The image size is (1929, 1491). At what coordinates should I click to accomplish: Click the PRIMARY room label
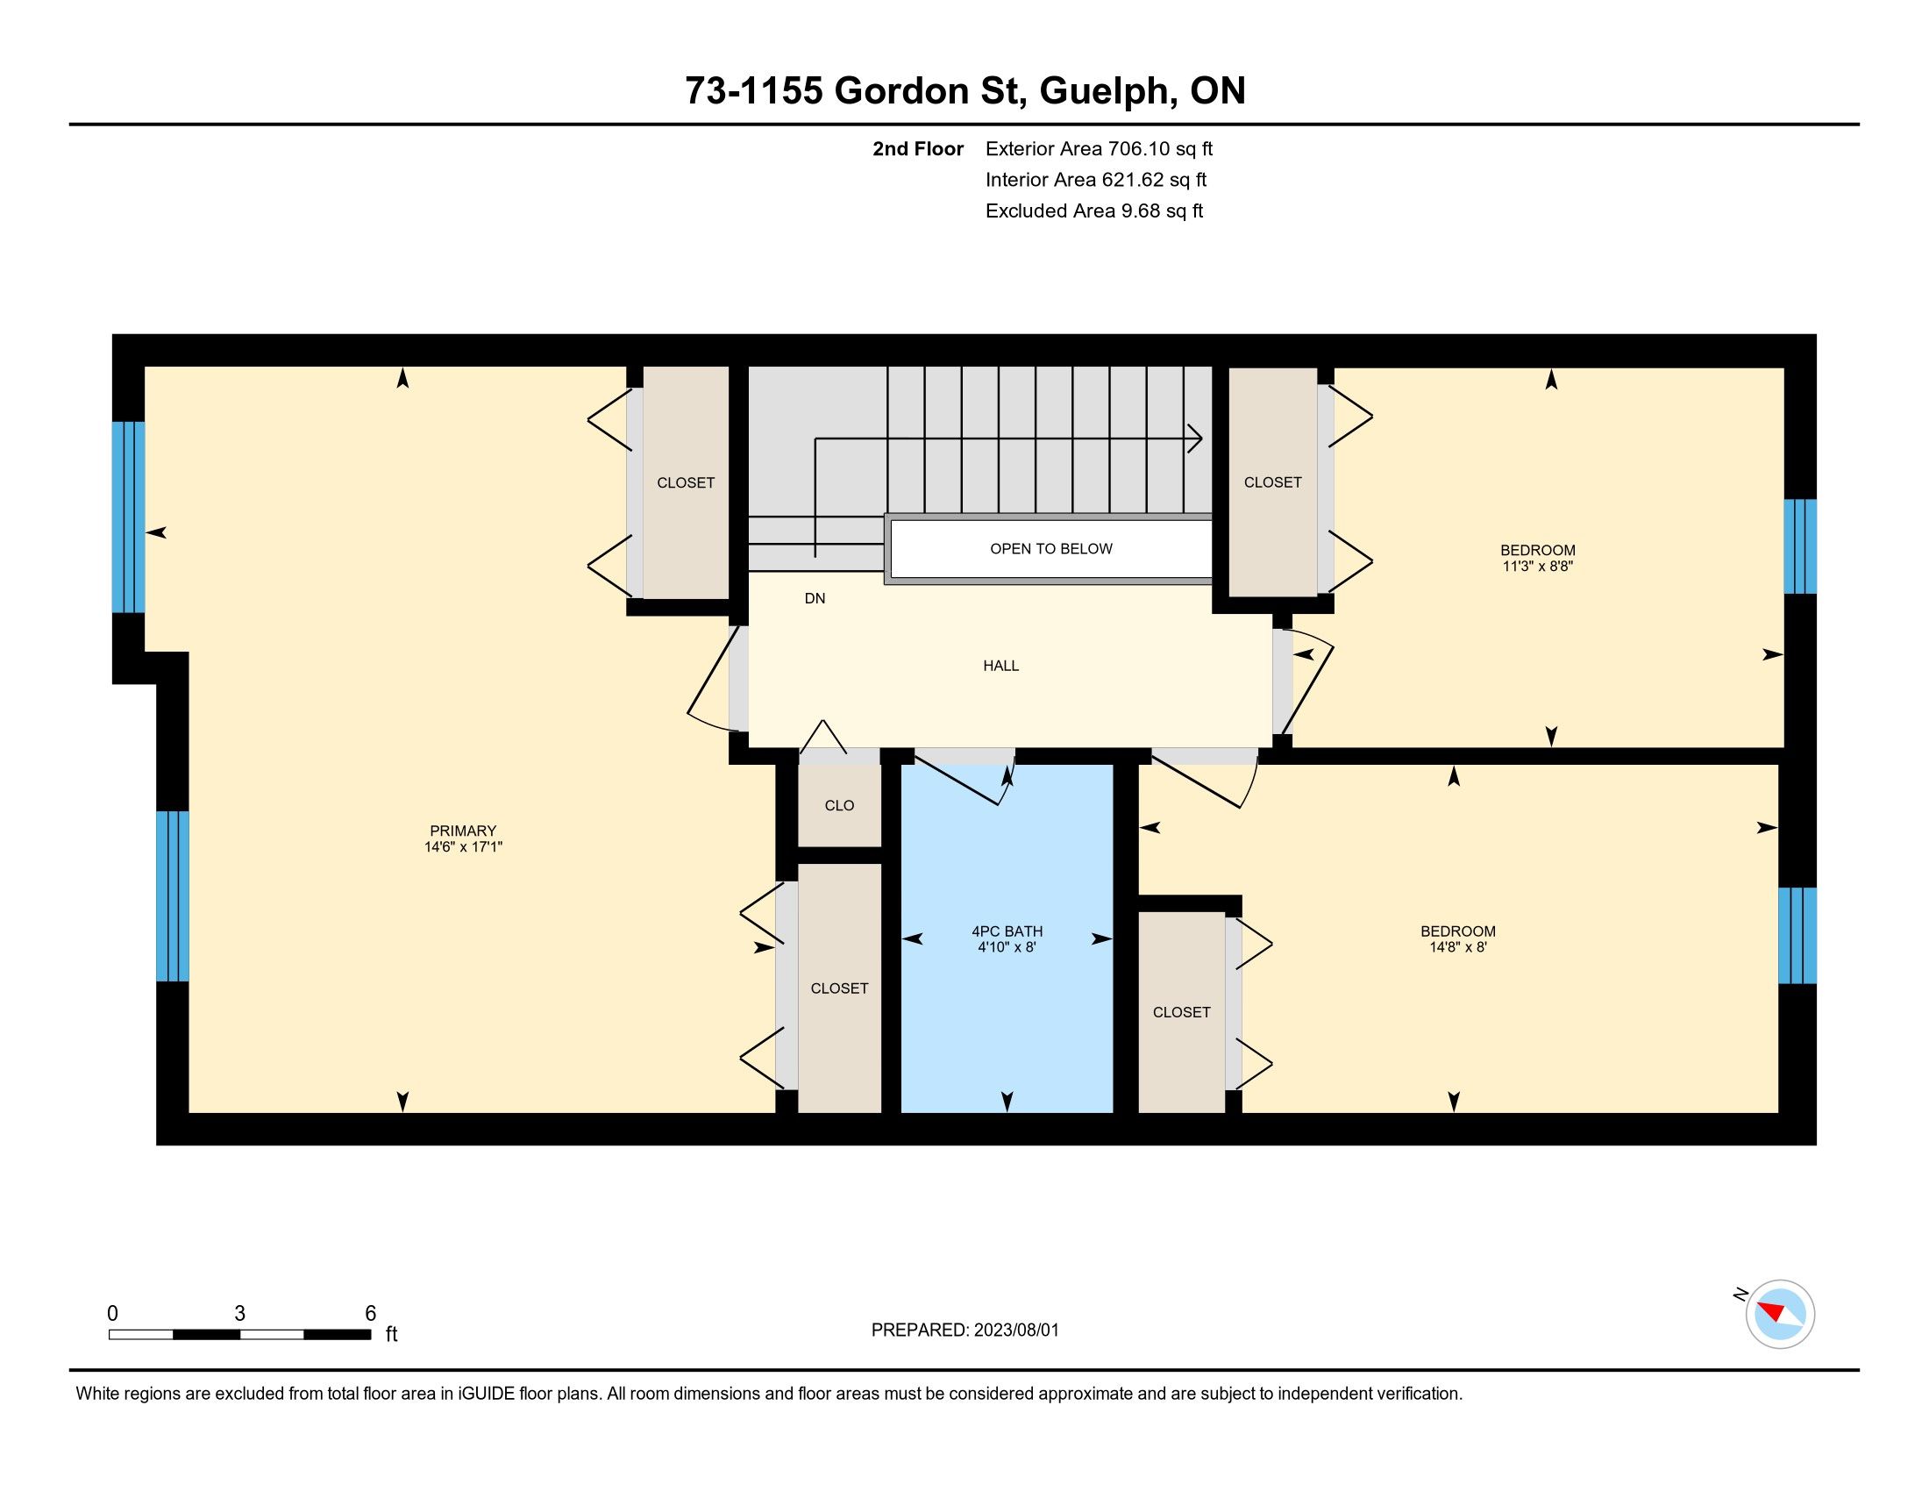463,831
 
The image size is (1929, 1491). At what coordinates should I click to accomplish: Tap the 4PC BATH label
1007,931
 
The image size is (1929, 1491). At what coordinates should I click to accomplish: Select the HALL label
1000,666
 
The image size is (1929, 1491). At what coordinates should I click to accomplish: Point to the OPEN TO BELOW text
1051,548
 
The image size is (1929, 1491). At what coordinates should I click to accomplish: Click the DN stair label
815,598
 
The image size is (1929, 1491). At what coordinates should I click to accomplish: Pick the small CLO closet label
839,805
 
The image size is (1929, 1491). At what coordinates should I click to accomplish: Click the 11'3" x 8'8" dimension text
1538,567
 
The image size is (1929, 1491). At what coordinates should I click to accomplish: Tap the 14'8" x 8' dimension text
1457,947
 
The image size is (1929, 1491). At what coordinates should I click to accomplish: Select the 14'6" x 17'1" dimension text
463,846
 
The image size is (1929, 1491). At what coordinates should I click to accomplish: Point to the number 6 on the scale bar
371,1313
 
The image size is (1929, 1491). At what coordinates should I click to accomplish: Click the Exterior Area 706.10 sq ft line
1099,148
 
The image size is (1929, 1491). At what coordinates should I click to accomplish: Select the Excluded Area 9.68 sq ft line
1094,210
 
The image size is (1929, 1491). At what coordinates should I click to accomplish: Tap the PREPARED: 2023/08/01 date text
964,1330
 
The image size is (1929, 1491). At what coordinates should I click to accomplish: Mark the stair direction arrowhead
1195,439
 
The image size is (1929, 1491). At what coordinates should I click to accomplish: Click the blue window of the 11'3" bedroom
1800,546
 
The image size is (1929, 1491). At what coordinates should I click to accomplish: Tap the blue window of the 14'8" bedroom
1797,936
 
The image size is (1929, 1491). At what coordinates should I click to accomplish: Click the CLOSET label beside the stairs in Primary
686,482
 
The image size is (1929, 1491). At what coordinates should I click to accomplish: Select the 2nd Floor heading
918,148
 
